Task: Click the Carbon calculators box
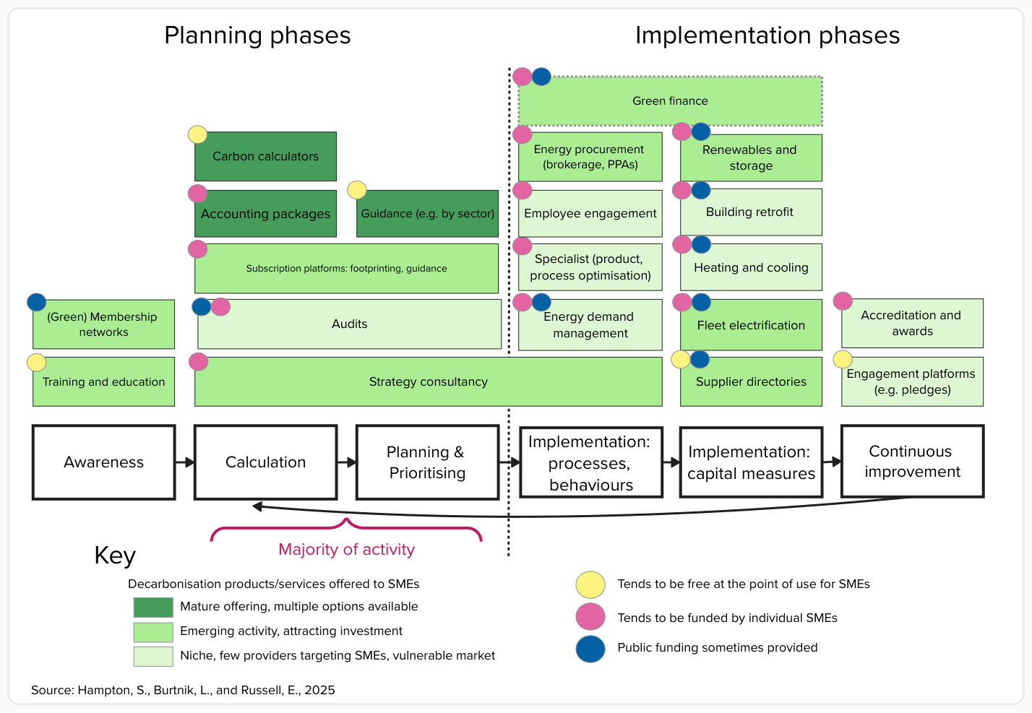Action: [265, 156]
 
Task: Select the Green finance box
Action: [670, 101]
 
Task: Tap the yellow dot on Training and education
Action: [36, 363]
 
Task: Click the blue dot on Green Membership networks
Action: [36, 302]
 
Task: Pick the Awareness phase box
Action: [104, 462]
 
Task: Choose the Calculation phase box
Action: [266, 462]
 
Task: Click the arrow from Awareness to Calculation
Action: [185, 462]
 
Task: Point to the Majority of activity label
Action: [347, 550]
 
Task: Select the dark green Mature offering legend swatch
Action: [153, 607]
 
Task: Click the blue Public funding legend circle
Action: [590, 648]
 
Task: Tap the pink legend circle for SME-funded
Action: [590, 617]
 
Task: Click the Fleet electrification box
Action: [751, 325]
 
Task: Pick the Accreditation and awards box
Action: [912, 324]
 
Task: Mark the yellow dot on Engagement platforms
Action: [843, 359]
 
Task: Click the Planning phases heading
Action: [257, 35]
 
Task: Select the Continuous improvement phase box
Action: [912, 462]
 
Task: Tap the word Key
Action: [115, 556]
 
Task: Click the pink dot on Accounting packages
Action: [197, 194]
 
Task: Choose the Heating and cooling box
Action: [751, 267]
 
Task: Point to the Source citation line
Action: [183, 690]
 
